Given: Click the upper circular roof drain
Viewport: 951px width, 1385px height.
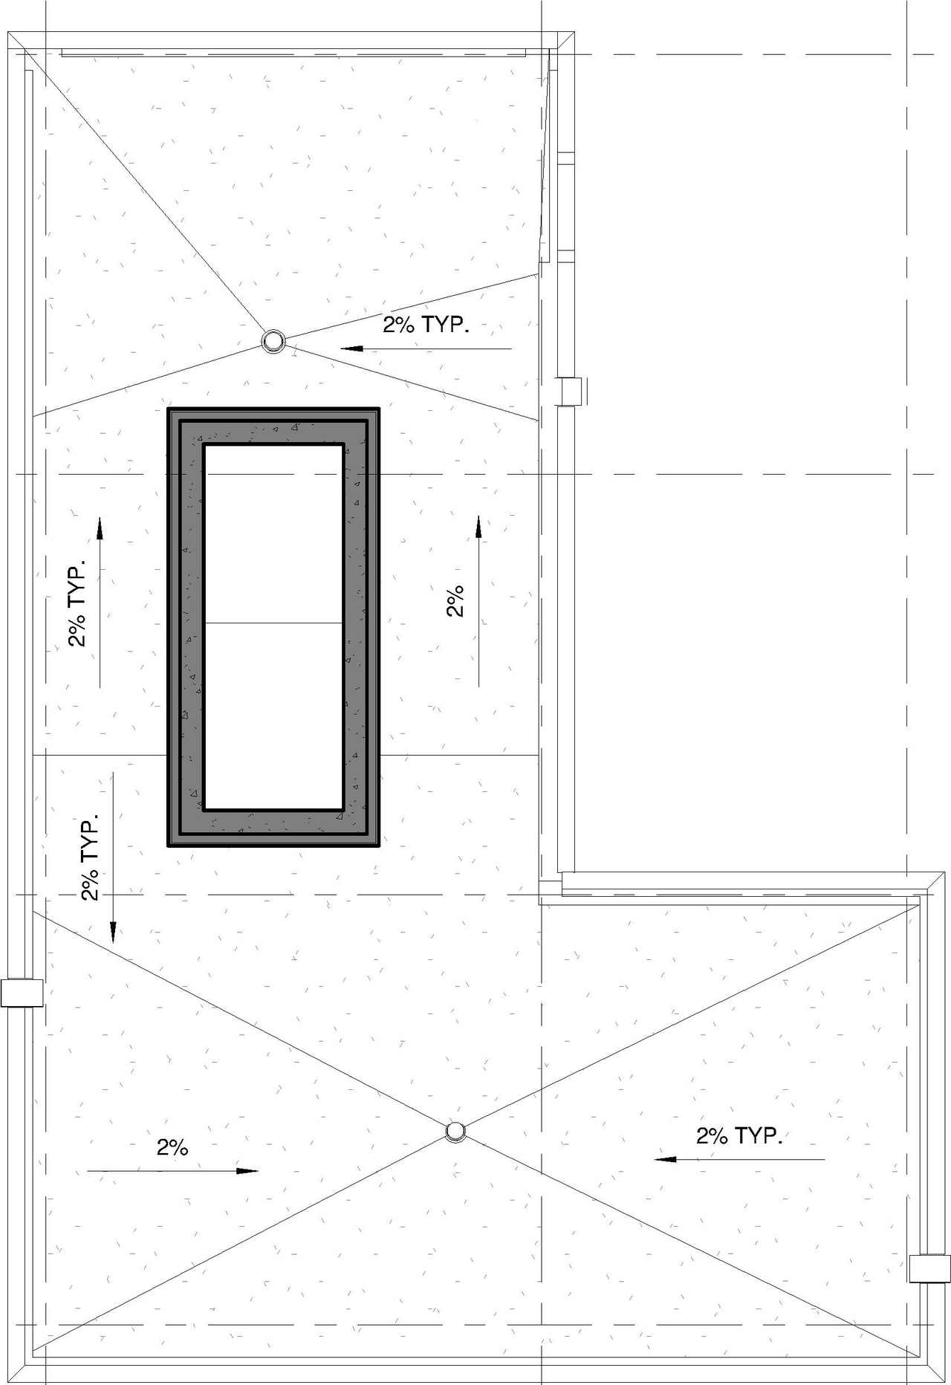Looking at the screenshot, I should pos(273,341).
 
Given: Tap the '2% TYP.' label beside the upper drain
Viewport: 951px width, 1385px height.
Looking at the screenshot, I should pos(426,325).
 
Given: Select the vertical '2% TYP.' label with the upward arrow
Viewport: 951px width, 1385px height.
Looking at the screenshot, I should pos(77,603).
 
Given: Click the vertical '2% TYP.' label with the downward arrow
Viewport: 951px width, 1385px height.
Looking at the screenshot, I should pos(90,860).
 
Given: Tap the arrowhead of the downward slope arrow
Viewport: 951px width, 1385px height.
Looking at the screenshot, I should pos(113,933).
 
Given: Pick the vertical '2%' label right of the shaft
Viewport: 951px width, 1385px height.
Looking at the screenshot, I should pos(455,600).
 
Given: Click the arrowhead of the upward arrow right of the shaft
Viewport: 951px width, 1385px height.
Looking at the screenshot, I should pos(478,525).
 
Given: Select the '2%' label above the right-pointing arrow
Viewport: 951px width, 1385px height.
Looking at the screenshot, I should pos(172,1147).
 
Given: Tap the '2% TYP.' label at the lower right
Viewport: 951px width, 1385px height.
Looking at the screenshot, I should pos(739,1135).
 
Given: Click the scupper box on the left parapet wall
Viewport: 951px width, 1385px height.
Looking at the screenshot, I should pos(21,993).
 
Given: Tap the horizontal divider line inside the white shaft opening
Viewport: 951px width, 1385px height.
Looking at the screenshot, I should pos(273,623).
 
